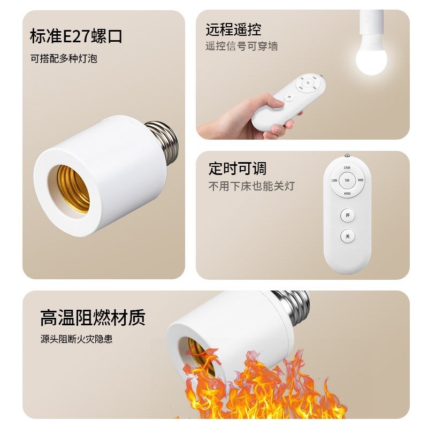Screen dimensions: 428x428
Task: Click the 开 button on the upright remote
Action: [347, 215]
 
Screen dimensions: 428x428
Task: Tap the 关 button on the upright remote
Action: [347, 236]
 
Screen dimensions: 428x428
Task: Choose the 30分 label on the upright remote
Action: [360, 180]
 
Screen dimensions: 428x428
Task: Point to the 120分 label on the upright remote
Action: [334, 180]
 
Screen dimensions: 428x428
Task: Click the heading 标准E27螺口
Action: [76, 36]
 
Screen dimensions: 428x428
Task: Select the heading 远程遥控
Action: [233, 29]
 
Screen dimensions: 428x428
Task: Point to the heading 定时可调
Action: [237, 169]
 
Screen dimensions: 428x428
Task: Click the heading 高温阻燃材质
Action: [93, 318]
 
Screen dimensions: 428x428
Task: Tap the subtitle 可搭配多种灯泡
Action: [63, 58]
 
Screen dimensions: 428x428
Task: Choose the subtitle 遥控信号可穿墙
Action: [241, 47]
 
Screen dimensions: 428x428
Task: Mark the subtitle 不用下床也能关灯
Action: [251, 186]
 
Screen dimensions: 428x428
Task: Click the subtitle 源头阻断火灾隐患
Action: [76, 339]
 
